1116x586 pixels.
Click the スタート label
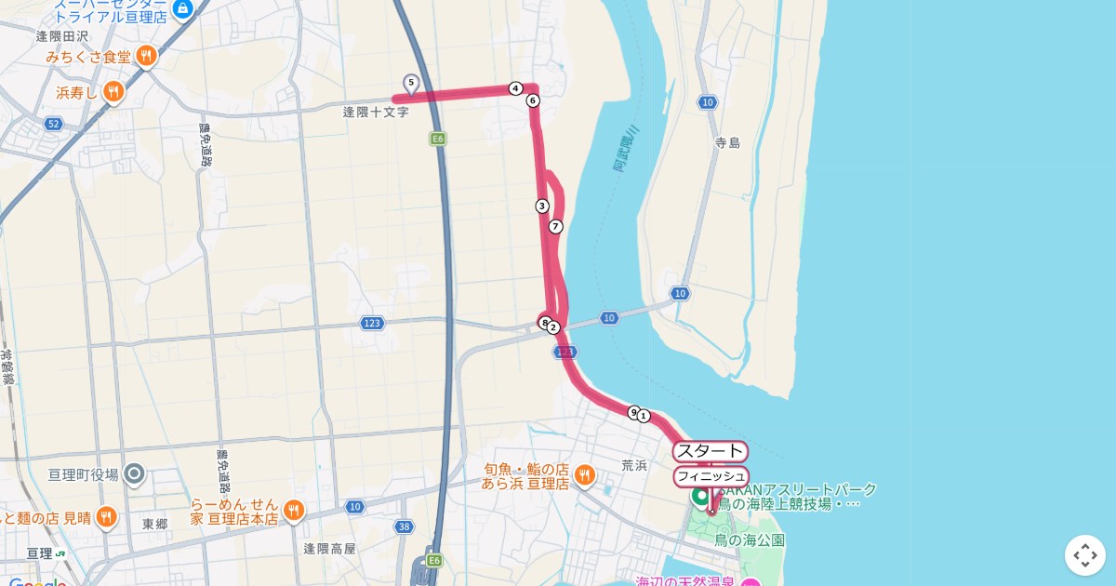coord(711,452)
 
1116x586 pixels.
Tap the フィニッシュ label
coord(711,476)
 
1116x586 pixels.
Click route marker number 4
coord(515,88)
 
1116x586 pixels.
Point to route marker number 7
coord(556,226)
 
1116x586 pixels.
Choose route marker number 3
coord(542,206)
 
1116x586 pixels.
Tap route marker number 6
coord(533,100)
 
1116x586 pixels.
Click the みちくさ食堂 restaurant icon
coord(145,57)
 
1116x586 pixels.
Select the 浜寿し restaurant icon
coord(113,91)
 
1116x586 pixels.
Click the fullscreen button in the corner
coord(1084,555)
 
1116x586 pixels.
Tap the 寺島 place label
coord(727,142)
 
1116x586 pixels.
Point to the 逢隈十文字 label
coord(376,112)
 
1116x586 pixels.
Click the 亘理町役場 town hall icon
coord(134,474)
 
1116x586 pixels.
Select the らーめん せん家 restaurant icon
coord(293,510)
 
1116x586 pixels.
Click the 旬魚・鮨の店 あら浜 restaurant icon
coord(584,475)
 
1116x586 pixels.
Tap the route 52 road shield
coord(53,124)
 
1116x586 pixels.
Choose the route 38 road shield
coord(403,526)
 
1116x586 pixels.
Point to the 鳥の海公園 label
coord(750,539)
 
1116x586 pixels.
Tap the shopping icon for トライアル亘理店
coord(183,9)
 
